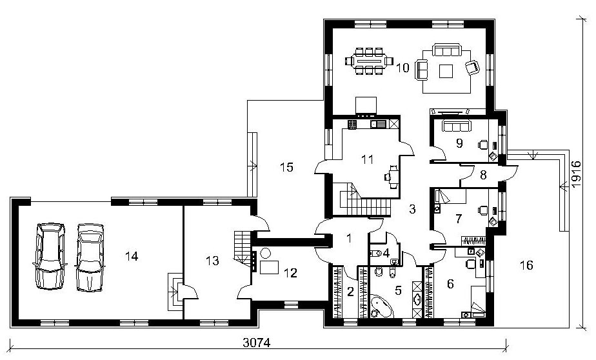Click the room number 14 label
coord(132,257)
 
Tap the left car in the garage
coord(50,256)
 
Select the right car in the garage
coord(90,257)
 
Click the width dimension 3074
coord(257,343)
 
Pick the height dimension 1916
coord(576,174)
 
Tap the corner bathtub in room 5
coord(381,307)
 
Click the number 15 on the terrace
coord(286,167)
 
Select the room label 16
coord(526,265)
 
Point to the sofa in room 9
coord(456,125)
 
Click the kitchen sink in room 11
coord(378,123)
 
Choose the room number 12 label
coord(290,272)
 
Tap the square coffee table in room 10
coord(446,71)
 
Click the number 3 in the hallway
coord(412,208)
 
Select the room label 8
coord(483,175)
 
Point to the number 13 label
coord(212,261)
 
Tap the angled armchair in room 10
coord(472,68)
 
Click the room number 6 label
coord(450,284)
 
